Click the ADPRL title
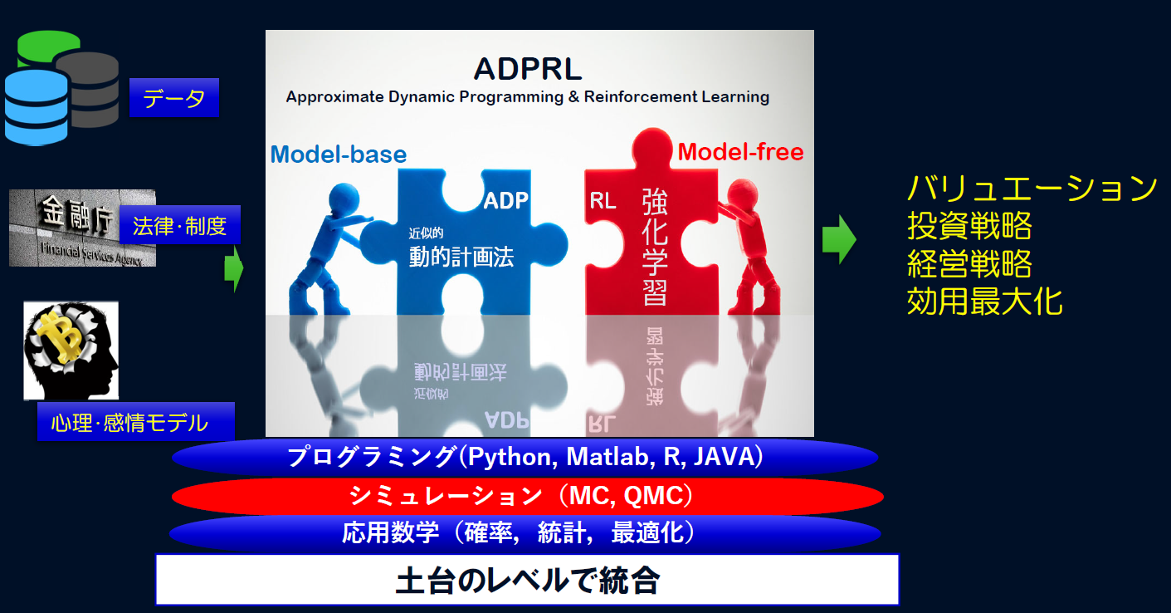point(528,68)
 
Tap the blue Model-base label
point(339,154)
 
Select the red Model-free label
point(740,152)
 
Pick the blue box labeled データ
point(174,98)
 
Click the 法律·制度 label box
point(180,225)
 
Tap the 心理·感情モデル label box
point(136,422)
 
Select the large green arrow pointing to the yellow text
point(839,239)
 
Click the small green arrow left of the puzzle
point(234,269)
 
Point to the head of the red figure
point(742,194)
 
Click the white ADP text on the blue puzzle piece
point(505,200)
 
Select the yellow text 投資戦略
point(969,225)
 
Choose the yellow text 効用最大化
point(985,302)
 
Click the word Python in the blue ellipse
point(510,457)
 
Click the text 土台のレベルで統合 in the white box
point(528,580)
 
